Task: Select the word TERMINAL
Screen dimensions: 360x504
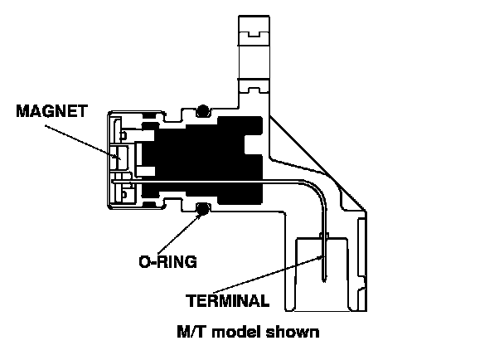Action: tap(226, 300)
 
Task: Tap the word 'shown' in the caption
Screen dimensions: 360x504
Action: tap(290, 333)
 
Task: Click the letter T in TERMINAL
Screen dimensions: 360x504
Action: tap(191, 300)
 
